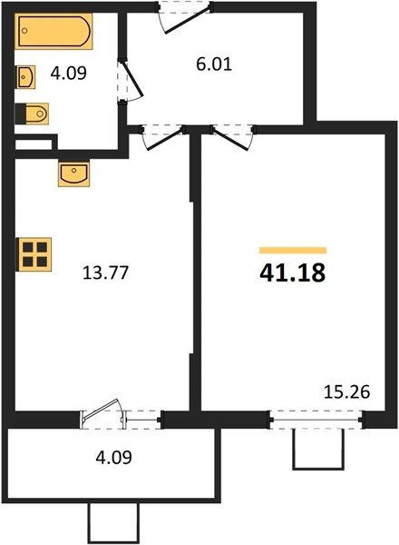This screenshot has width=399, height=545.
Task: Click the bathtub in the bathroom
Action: (x=54, y=31)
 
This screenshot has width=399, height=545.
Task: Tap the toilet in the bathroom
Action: (x=32, y=114)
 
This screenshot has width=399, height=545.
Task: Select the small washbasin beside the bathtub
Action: (x=25, y=77)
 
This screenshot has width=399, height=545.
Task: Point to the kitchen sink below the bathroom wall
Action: (x=73, y=173)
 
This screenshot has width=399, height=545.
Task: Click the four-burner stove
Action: (x=34, y=254)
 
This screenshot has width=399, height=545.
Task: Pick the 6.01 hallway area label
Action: (x=214, y=64)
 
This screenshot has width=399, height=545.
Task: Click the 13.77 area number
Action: (x=105, y=272)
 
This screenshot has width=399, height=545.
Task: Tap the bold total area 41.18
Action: (x=293, y=272)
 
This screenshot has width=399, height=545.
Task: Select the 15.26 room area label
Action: (x=347, y=392)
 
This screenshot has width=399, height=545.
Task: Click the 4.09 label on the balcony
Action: (x=113, y=458)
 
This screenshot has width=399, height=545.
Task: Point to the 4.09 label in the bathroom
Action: (x=68, y=74)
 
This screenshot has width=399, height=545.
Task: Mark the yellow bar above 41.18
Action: (x=293, y=251)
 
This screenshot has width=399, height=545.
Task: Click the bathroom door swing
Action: (x=131, y=81)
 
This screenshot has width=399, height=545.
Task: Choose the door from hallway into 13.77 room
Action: (x=162, y=137)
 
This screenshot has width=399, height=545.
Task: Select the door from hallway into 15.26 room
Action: (x=232, y=137)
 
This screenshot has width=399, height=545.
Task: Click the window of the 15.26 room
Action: (x=316, y=420)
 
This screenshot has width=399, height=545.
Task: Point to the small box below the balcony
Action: (x=113, y=523)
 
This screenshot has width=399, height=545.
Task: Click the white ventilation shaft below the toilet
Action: (x=34, y=144)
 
